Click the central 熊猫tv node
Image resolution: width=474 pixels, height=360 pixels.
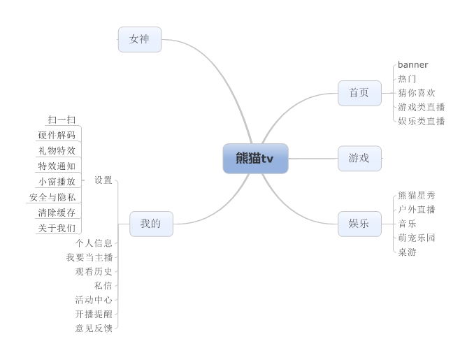click(x=255, y=159)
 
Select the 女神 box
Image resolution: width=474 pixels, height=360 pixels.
click(x=140, y=39)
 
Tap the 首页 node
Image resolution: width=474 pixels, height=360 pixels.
click(x=359, y=93)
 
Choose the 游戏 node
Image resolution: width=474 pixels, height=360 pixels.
click(x=359, y=159)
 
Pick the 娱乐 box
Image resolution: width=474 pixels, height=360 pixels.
click(x=359, y=224)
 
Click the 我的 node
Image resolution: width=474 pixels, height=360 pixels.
click(x=151, y=224)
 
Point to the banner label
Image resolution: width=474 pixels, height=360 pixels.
click(x=413, y=65)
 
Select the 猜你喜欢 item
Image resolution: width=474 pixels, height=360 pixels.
click(x=417, y=93)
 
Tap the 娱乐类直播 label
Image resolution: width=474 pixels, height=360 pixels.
click(x=421, y=121)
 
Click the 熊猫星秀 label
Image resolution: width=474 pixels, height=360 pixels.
click(x=417, y=196)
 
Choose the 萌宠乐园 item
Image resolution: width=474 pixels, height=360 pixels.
click(x=417, y=238)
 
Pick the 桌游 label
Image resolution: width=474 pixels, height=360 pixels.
click(x=407, y=252)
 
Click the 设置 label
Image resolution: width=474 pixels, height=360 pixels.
click(x=103, y=180)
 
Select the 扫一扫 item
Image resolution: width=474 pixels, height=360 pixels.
click(x=62, y=120)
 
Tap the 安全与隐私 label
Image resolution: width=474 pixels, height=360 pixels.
click(x=52, y=197)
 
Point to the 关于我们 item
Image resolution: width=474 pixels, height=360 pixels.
click(x=57, y=228)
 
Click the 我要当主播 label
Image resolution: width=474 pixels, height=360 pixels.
click(x=89, y=257)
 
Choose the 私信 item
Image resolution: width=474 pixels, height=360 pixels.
click(x=103, y=286)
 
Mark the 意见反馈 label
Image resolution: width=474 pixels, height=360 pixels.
click(x=94, y=329)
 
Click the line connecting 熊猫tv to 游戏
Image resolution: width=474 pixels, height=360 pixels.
click(x=313, y=159)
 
